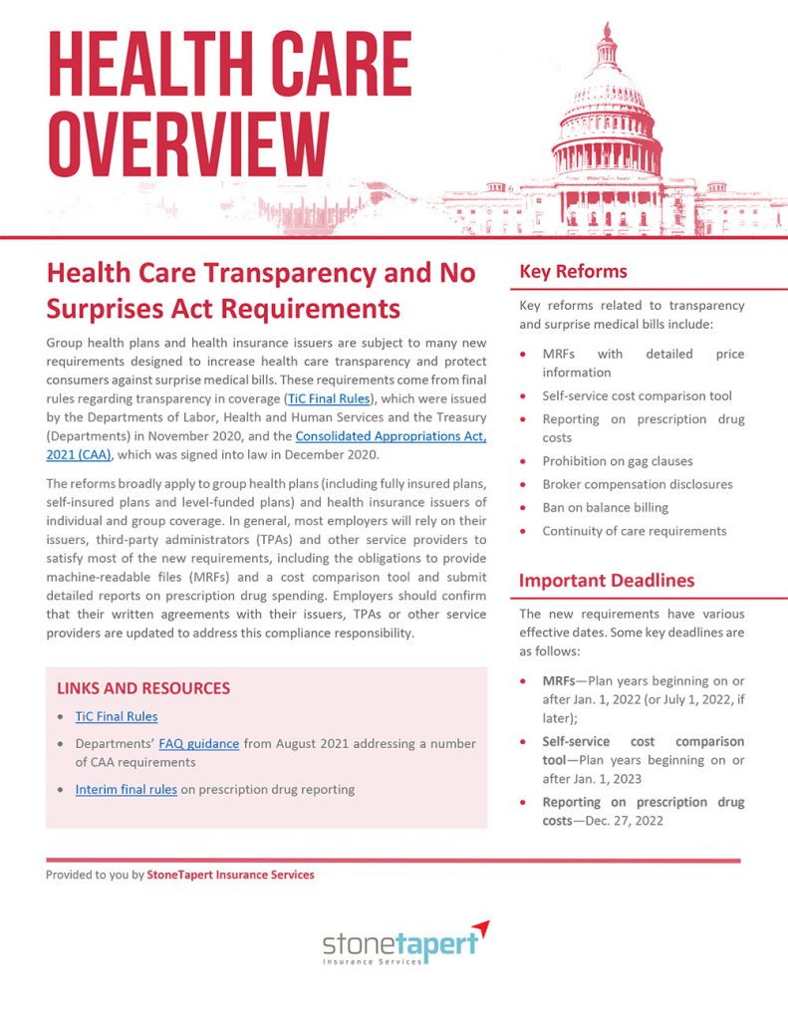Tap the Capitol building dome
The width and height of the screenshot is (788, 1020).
click(x=607, y=90)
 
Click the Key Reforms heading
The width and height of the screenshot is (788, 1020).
click(x=573, y=272)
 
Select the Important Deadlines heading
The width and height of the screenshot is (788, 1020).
click(x=606, y=581)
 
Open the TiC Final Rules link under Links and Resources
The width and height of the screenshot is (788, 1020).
click(x=116, y=716)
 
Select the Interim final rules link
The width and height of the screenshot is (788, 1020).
click(x=126, y=789)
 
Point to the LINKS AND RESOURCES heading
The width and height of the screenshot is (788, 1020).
click(x=143, y=688)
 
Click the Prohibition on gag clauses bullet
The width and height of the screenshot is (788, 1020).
click(x=617, y=461)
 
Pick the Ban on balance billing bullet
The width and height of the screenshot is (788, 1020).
click(x=605, y=508)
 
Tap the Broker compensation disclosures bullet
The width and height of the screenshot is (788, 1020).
click(x=637, y=484)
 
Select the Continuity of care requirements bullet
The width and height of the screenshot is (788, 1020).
click(x=634, y=531)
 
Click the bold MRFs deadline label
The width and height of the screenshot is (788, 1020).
click(x=557, y=681)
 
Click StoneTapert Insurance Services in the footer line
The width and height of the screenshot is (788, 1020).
click(x=230, y=875)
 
